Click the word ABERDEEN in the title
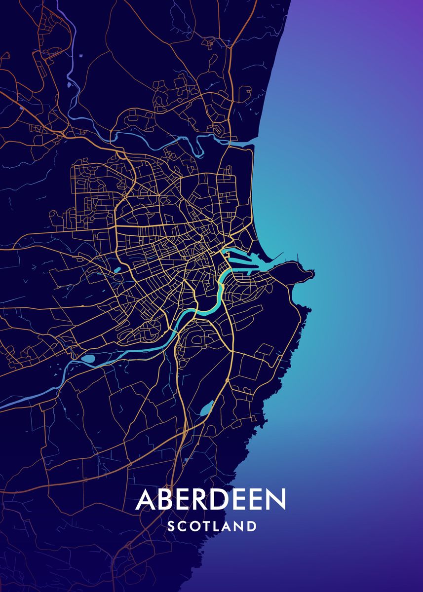tap(211, 500)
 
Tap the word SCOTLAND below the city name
tap(212, 526)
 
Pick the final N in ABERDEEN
tap(275, 500)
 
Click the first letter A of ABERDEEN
tap(146, 500)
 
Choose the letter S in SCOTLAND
tap(171, 526)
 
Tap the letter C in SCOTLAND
tap(182, 526)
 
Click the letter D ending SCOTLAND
tap(252, 526)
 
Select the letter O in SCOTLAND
tap(194, 526)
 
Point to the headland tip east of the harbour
tap(311, 272)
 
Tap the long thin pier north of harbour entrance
tap(277, 256)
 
